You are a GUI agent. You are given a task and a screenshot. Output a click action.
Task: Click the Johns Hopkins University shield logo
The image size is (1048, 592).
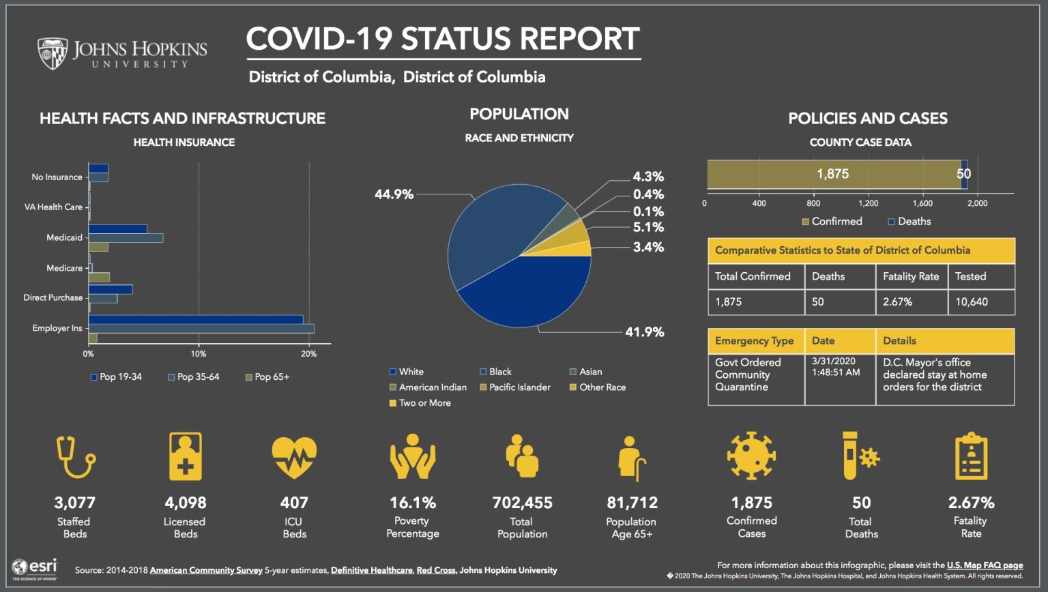pos(53,53)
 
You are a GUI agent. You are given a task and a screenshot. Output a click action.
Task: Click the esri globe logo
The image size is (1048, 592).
pos(20,567)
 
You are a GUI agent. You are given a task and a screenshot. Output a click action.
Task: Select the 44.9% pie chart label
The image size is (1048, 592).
pos(394,194)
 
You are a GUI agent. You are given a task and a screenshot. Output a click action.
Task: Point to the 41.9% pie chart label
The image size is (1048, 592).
pos(644,332)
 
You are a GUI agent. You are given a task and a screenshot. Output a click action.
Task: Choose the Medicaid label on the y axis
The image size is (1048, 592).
pos(64,237)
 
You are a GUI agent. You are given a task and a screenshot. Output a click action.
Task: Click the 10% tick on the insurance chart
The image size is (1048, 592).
pos(199,354)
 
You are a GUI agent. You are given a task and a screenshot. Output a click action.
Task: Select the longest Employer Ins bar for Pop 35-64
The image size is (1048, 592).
pos(201,329)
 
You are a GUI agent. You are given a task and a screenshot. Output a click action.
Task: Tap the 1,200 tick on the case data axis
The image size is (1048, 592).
pos(868,203)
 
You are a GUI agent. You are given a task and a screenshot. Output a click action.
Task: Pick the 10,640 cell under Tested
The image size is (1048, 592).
pos(972,301)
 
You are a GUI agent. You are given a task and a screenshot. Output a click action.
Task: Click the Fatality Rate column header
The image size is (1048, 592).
pos(911,276)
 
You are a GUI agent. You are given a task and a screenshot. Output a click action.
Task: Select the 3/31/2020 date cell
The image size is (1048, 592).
pos(834,367)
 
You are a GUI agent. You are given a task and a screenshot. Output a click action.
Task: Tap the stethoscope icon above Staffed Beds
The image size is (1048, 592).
pos(75,457)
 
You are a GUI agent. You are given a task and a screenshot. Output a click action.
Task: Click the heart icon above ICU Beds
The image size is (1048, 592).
pos(294,457)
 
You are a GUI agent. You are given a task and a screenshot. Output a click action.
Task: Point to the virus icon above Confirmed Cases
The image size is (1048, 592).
pos(751,456)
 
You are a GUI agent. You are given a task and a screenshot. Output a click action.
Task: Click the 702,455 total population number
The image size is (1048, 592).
pos(522,503)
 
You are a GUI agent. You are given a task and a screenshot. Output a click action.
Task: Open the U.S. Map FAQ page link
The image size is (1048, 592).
pos(985,565)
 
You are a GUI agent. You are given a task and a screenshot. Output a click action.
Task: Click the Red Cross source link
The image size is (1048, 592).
pos(436,570)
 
